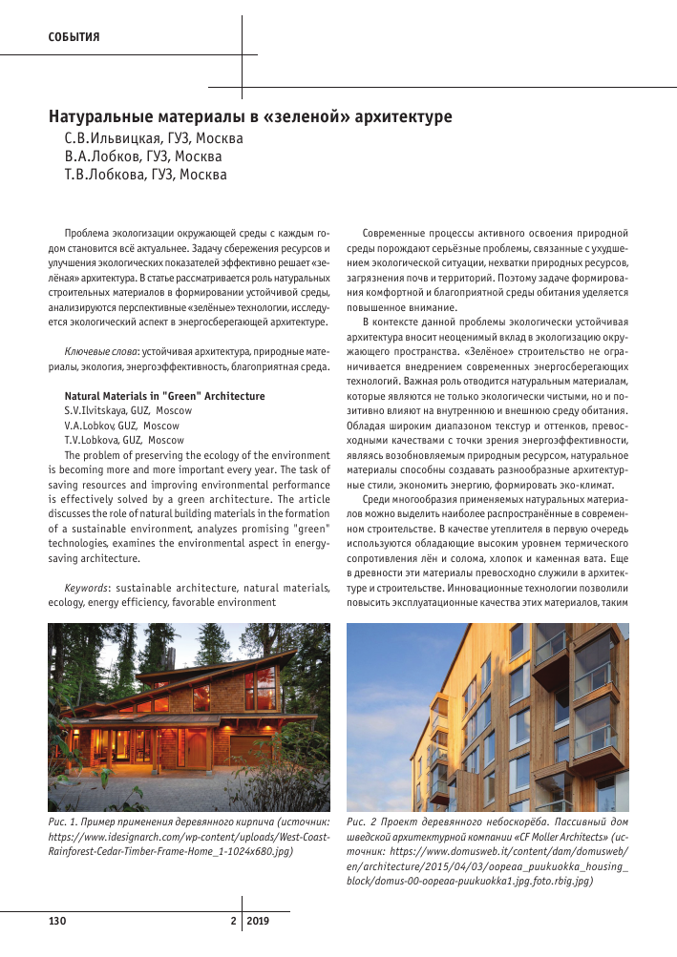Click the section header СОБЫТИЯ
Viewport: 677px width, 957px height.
tap(74, 37)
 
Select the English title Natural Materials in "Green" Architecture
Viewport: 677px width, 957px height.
tap(164, 396)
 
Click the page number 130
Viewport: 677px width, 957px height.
tap(57, 922)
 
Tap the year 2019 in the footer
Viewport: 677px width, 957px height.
tap(261, 922)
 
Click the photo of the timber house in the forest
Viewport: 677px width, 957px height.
tap(189, 715)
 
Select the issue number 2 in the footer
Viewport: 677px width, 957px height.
tap(232, 922)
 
